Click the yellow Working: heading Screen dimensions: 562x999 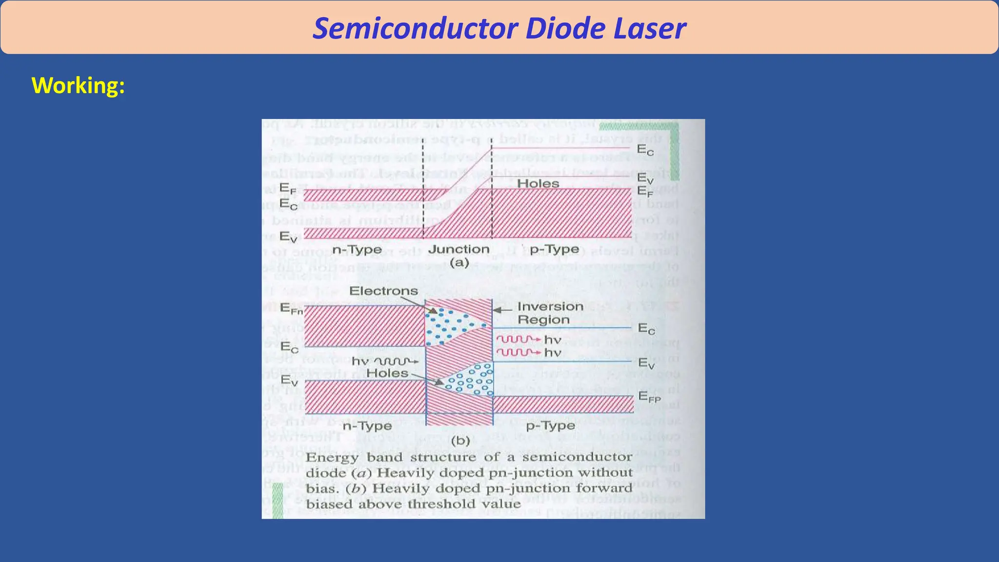tap(78, 86)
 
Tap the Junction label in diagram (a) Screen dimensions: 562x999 tap(459, 249)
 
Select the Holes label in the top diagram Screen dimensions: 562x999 tap(538, 184)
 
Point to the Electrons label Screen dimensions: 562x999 tap(383, 291)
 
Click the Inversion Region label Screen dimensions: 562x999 tap(550, 313)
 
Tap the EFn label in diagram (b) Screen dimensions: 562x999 tap(291, 309)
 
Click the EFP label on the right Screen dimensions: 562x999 tap(649, 397)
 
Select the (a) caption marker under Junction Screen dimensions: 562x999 tap(459, 263)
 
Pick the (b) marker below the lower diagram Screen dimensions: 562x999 tap(460, 441)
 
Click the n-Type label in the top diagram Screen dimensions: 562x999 tap(357, 250)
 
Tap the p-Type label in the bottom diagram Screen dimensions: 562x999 tap(550, 426)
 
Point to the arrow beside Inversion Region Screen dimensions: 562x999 tap(502, 309)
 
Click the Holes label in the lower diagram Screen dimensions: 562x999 tap(387, 373)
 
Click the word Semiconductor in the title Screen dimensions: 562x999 tap(414, 28)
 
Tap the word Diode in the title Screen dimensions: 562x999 tap(562, 28)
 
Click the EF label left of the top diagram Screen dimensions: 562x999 tap(288, 189)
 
